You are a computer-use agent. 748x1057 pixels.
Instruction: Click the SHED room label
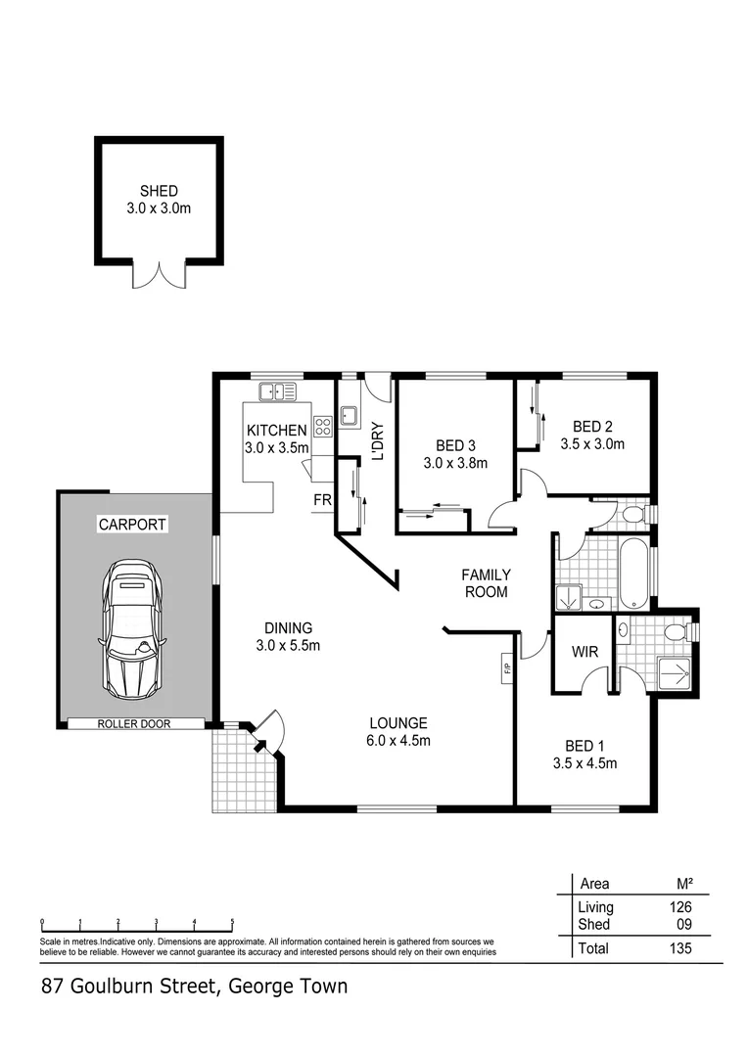159,191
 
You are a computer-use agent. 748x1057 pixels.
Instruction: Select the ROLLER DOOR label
135,724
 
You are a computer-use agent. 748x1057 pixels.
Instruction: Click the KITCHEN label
276,431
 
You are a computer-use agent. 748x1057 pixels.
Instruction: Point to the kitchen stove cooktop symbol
322,427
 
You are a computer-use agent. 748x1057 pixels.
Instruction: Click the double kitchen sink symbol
278,392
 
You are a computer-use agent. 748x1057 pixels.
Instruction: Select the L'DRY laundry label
377,440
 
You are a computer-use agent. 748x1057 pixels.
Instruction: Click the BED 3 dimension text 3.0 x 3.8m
455,463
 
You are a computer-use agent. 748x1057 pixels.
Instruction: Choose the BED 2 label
592,426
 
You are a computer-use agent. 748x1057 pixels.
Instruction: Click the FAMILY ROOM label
486,583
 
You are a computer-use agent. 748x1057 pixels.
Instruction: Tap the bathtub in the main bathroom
634,572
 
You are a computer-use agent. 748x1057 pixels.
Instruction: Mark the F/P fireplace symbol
507,670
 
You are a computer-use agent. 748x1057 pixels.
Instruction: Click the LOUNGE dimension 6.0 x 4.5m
398,741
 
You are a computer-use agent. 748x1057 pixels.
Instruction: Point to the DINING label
288,627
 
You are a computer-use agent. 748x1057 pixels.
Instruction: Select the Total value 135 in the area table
677,948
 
